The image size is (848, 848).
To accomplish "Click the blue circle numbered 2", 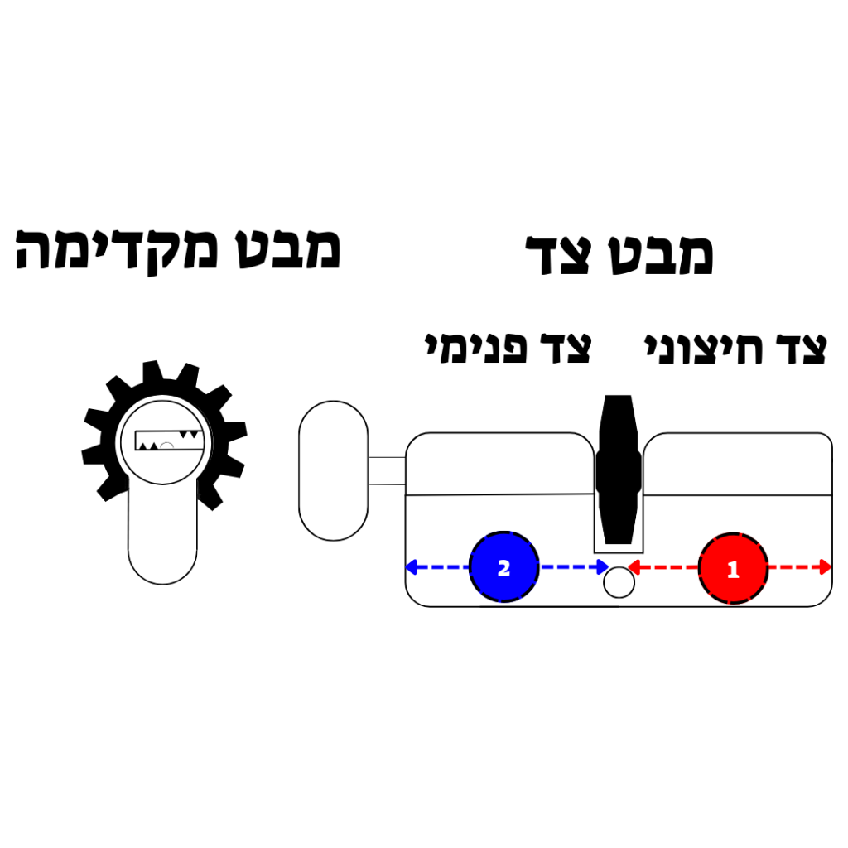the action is [x=504, y=566].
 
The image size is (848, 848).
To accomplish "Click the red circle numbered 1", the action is [x=734, y=568].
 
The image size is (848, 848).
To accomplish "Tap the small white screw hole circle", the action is [x=619, y=582].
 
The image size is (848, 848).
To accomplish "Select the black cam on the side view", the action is [x=619, y=470].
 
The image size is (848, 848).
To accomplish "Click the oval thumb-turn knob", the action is [x=334, y=470].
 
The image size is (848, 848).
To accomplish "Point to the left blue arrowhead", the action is [x=411, y=567].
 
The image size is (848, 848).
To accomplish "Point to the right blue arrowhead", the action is [x=603, y=567].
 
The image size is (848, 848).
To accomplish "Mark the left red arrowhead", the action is [x=634, y=567].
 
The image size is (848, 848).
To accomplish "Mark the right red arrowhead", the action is [x=826, y=567].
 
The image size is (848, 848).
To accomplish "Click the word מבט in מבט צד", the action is [x=660, y=255].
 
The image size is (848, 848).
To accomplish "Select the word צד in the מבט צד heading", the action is [x=558, y=255].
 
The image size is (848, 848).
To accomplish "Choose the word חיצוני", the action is [x=704, y=349].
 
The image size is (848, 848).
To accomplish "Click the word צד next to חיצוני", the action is [x=802, y=349].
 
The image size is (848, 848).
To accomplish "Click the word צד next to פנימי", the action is [x=566, y=348].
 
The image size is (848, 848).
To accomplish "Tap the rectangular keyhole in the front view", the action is [x=169, y=441].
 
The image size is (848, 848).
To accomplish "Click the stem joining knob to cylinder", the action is [x=388, y=470].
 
